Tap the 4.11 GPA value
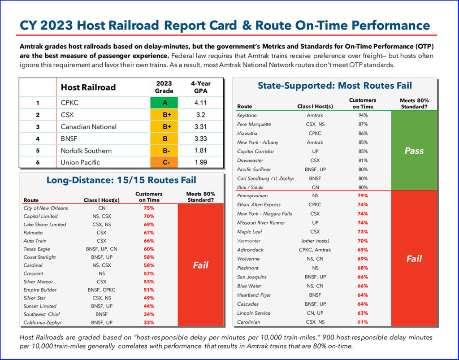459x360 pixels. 200,103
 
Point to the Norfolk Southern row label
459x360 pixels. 86,151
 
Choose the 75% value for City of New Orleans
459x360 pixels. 149,208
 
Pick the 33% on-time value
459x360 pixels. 149,322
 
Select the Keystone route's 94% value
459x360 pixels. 362,115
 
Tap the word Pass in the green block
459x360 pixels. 414,151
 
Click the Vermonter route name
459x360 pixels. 250,241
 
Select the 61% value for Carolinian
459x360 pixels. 362,322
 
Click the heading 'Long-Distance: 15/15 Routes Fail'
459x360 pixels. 121,180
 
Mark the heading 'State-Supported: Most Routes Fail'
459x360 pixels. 334,85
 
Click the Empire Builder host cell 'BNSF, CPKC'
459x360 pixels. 102,290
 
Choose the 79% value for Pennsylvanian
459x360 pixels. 362,196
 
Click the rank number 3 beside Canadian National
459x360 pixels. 38,127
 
